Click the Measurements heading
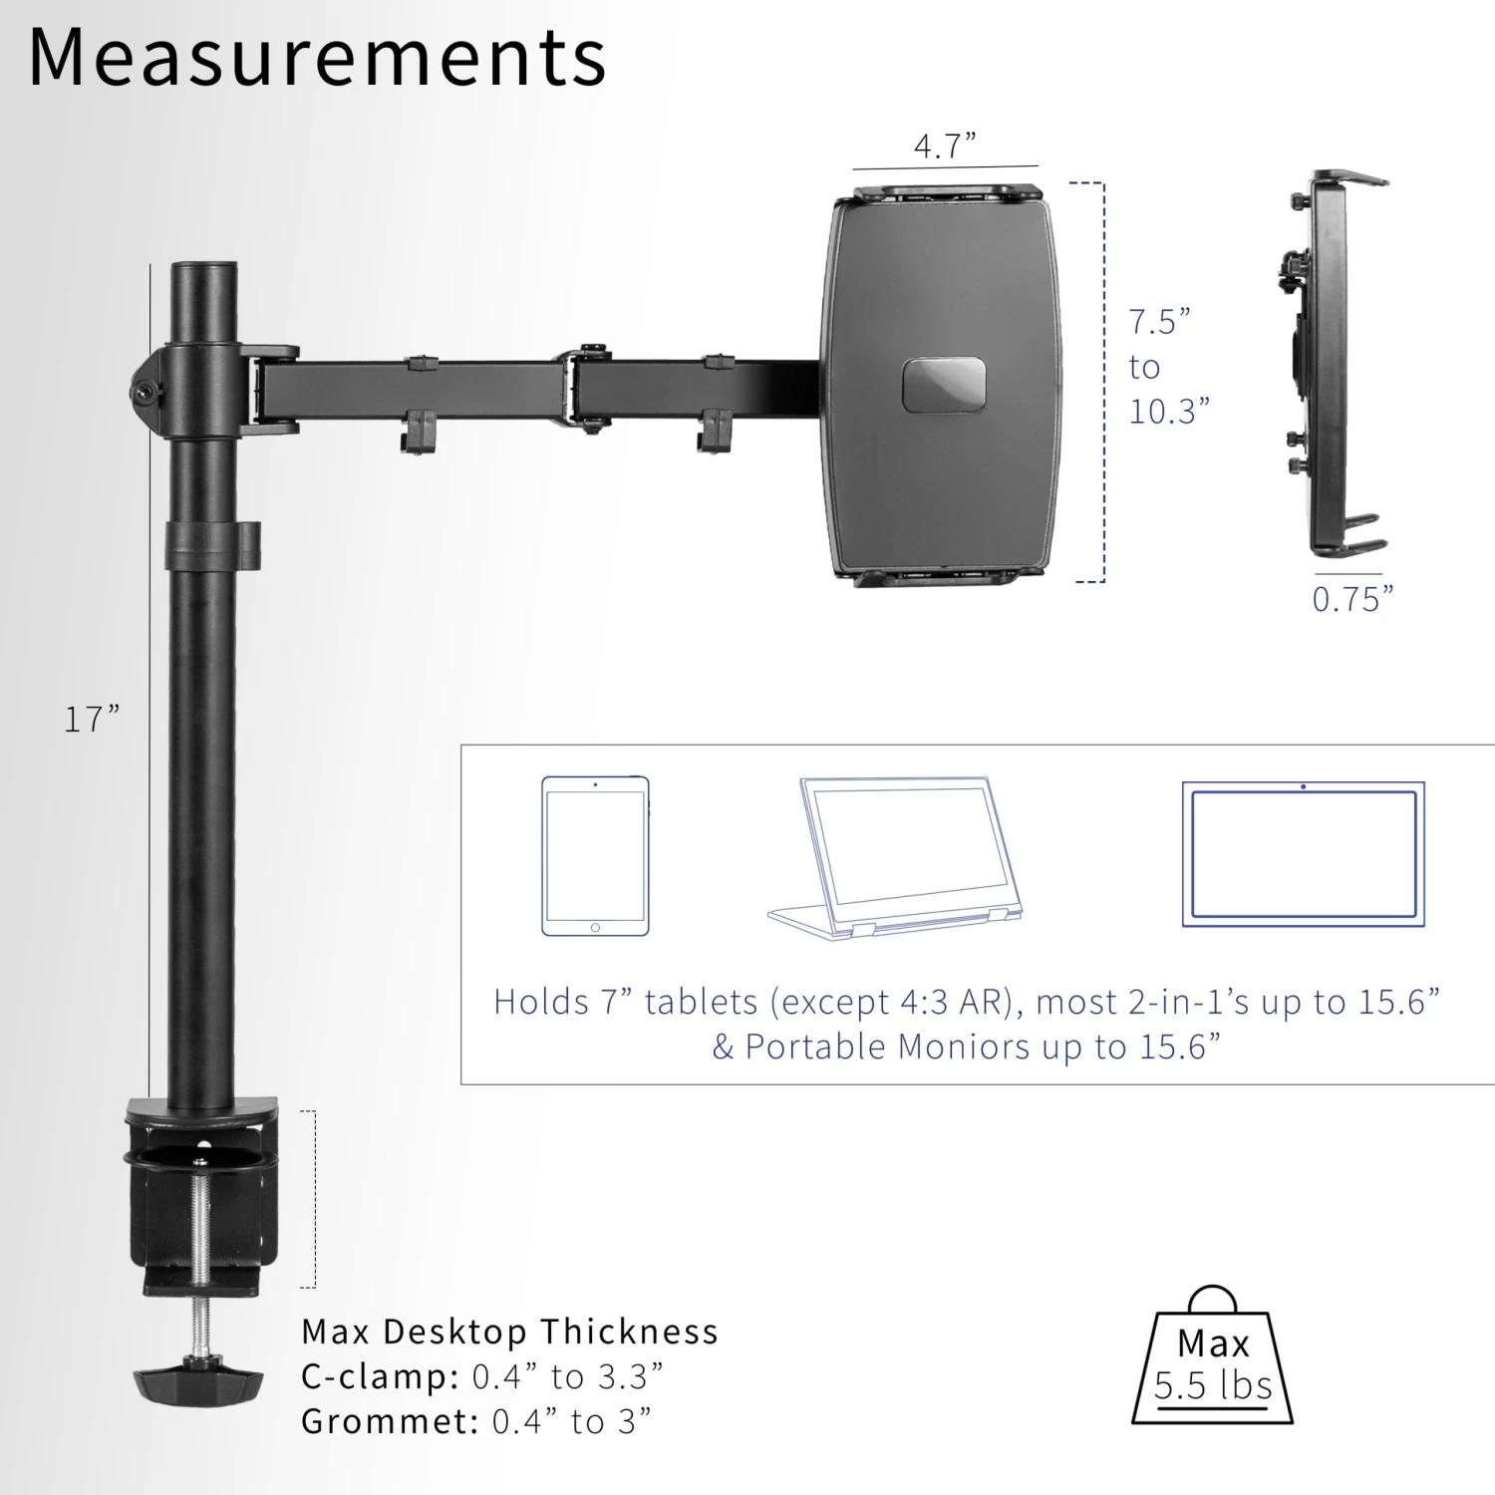point(317,58)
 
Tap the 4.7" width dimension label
point(945,147)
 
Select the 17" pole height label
point(92,719)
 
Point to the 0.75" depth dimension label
point(1351,599)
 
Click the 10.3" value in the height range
point(1168,411)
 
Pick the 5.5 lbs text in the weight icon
point(1213,1386)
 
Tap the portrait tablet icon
point(595,856)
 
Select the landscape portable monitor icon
point(1303,855)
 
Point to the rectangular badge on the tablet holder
point(944,386)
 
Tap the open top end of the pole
point(204,271)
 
